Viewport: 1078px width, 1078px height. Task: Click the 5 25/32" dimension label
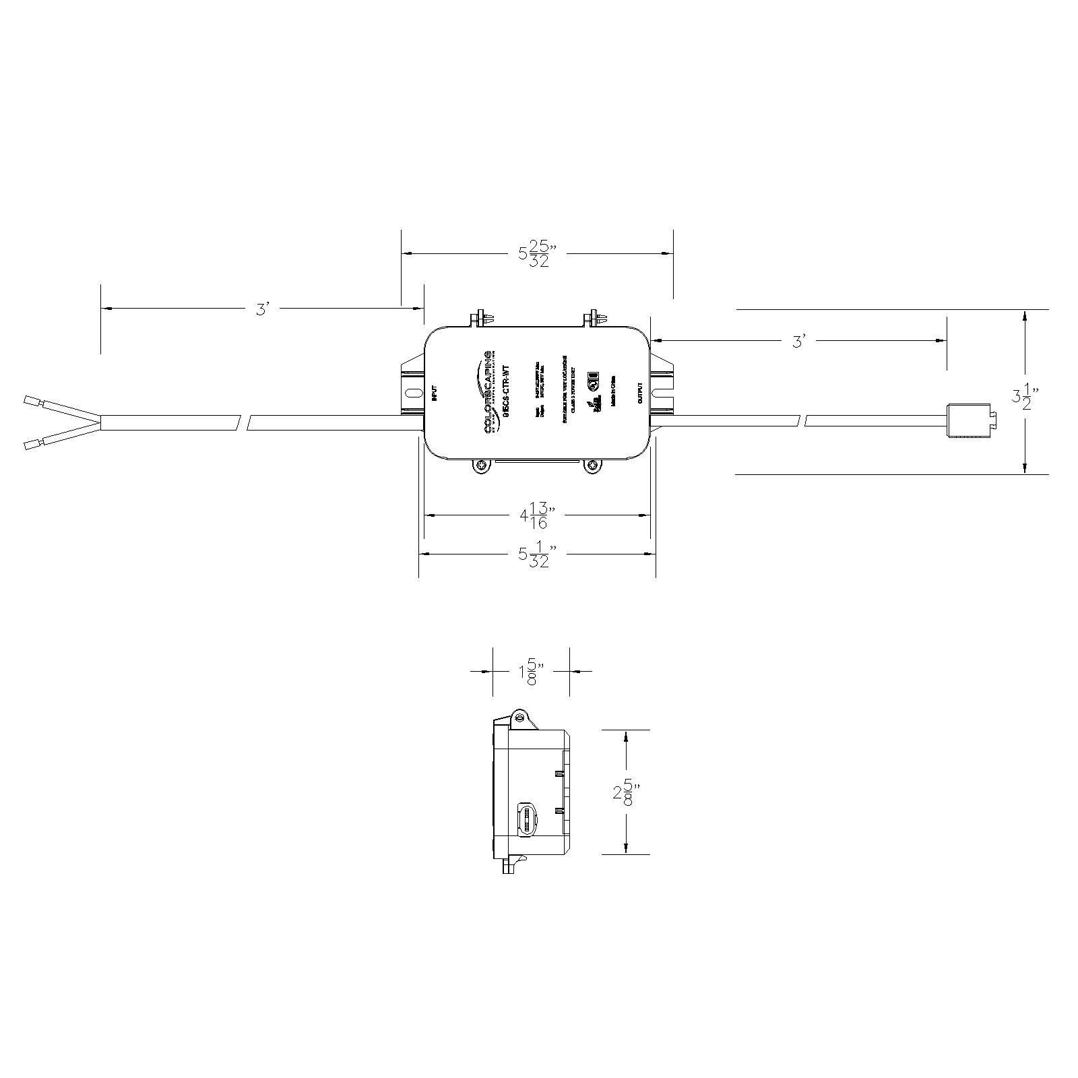tap(536, 254)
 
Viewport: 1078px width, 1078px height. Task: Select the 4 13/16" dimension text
tap(537, 515)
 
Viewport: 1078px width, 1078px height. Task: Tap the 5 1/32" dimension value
tap(537, 554)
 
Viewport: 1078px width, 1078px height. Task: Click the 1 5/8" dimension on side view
tap(531, 672)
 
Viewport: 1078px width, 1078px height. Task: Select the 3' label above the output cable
tap(799, 342)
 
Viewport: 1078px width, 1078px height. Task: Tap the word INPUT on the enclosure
tap(435, 393)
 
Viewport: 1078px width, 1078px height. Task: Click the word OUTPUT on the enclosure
tap(639, 393)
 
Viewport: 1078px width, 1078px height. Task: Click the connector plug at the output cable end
tap(970, 421)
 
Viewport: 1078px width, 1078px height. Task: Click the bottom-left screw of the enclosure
tap(481, 466)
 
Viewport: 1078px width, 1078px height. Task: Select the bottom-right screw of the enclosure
tap(592, 466)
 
